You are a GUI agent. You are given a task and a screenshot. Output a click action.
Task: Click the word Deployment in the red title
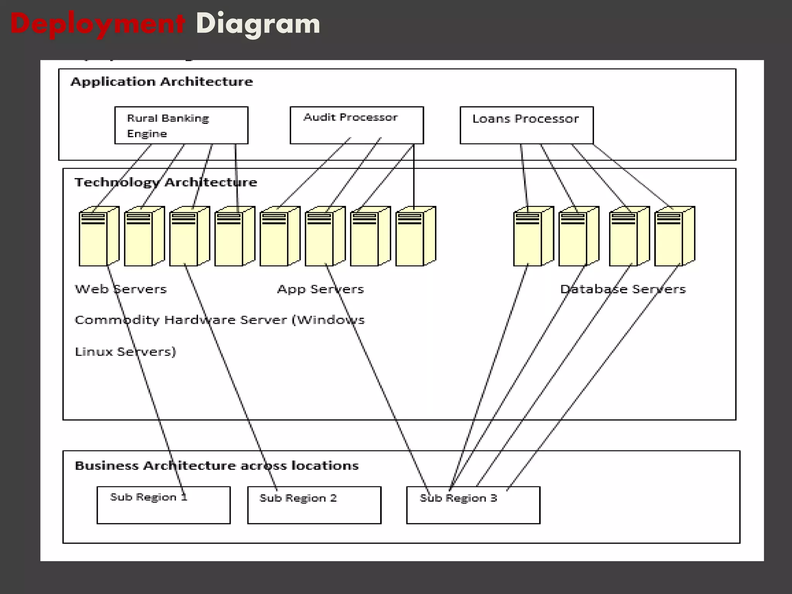(x=97, y=24)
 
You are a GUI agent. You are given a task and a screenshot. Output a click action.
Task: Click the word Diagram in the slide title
(x=258, y=24)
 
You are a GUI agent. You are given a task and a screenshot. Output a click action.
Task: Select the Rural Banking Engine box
(x=181, y=125)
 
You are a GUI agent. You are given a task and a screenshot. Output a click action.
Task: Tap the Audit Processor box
(x=357, y=125)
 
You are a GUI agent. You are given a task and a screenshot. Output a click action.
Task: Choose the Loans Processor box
(x=526, y=125)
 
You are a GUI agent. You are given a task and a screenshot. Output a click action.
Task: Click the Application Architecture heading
(x=162, y=82)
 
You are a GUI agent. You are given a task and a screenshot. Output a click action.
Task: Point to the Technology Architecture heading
(x=166, y=182)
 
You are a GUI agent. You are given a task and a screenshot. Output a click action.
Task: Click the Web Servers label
(x=121, y=289)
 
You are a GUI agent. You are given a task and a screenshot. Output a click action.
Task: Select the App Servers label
(x=321, y=289)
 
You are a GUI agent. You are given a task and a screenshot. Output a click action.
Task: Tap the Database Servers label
(x=623, y=289)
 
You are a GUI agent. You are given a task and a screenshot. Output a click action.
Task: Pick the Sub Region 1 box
(x=163, y=505)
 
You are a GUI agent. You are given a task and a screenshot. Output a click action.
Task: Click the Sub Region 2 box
(x=314, y=505)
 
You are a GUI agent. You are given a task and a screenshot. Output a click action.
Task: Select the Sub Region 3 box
(x=473, y=505)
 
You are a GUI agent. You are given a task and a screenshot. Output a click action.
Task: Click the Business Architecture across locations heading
(x=217, y=465)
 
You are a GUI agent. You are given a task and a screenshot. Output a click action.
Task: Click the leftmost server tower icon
(x=99, y=236)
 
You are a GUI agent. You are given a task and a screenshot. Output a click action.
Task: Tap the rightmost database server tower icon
(x=674, y=236)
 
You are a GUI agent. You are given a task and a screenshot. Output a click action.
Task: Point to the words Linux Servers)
(x=125, y=352)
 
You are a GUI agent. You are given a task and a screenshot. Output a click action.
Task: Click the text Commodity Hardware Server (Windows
(x=219, y=320)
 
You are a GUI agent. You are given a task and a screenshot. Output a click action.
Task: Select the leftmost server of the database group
(x=533, y=236)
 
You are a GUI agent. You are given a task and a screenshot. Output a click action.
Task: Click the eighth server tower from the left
(x=415, y=236)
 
